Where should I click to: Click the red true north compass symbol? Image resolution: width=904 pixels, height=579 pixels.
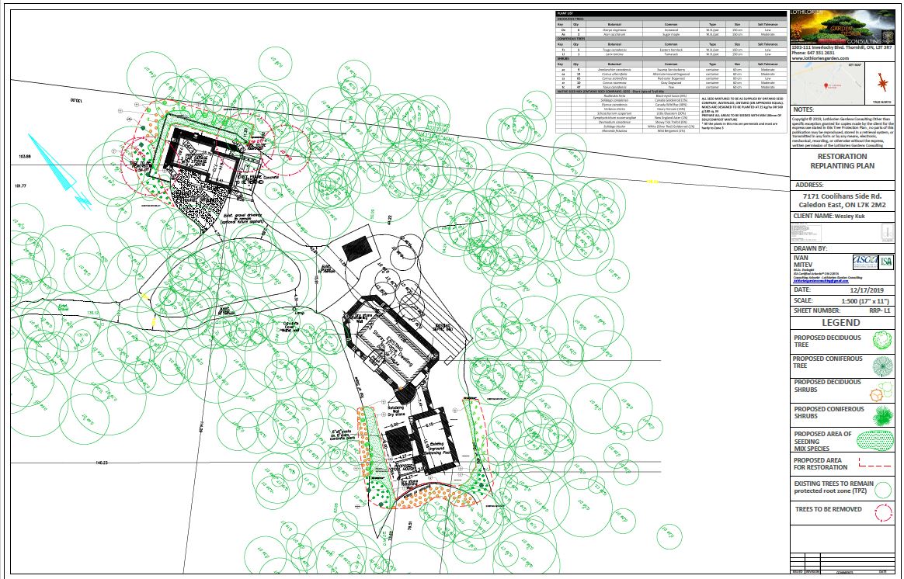coord(881,83)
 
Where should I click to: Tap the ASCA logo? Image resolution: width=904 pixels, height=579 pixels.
coord(863,262)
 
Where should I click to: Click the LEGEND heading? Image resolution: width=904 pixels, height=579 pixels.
coord(841,322)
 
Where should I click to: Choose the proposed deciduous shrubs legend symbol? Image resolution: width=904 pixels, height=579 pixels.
coord(881,390)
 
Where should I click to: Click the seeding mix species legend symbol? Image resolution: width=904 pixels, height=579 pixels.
coord(881,440)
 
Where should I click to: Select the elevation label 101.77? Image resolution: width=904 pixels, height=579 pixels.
coord(21,186)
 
